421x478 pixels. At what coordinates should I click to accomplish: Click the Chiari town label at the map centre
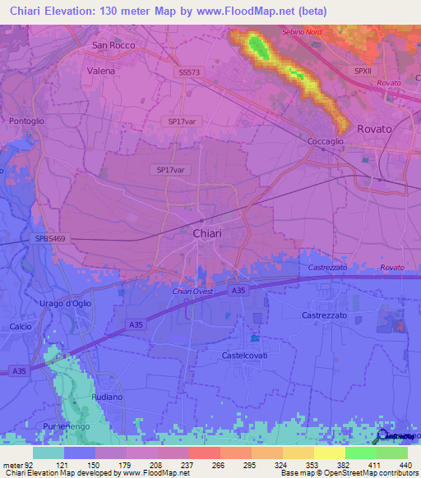(x=206, y=233)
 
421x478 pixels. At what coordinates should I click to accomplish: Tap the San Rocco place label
(x=113, y=46)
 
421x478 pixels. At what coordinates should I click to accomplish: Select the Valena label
(x=100, y=71)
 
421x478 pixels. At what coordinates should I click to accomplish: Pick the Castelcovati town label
(x=247, y=356)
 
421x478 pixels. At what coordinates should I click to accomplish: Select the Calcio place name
(x=21, y=327)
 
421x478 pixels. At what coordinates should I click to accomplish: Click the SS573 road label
(x=188, y=73)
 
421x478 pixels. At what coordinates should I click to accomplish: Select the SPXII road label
(x=363, y=71)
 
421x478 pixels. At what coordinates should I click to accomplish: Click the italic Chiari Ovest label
(x=192, y=292)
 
